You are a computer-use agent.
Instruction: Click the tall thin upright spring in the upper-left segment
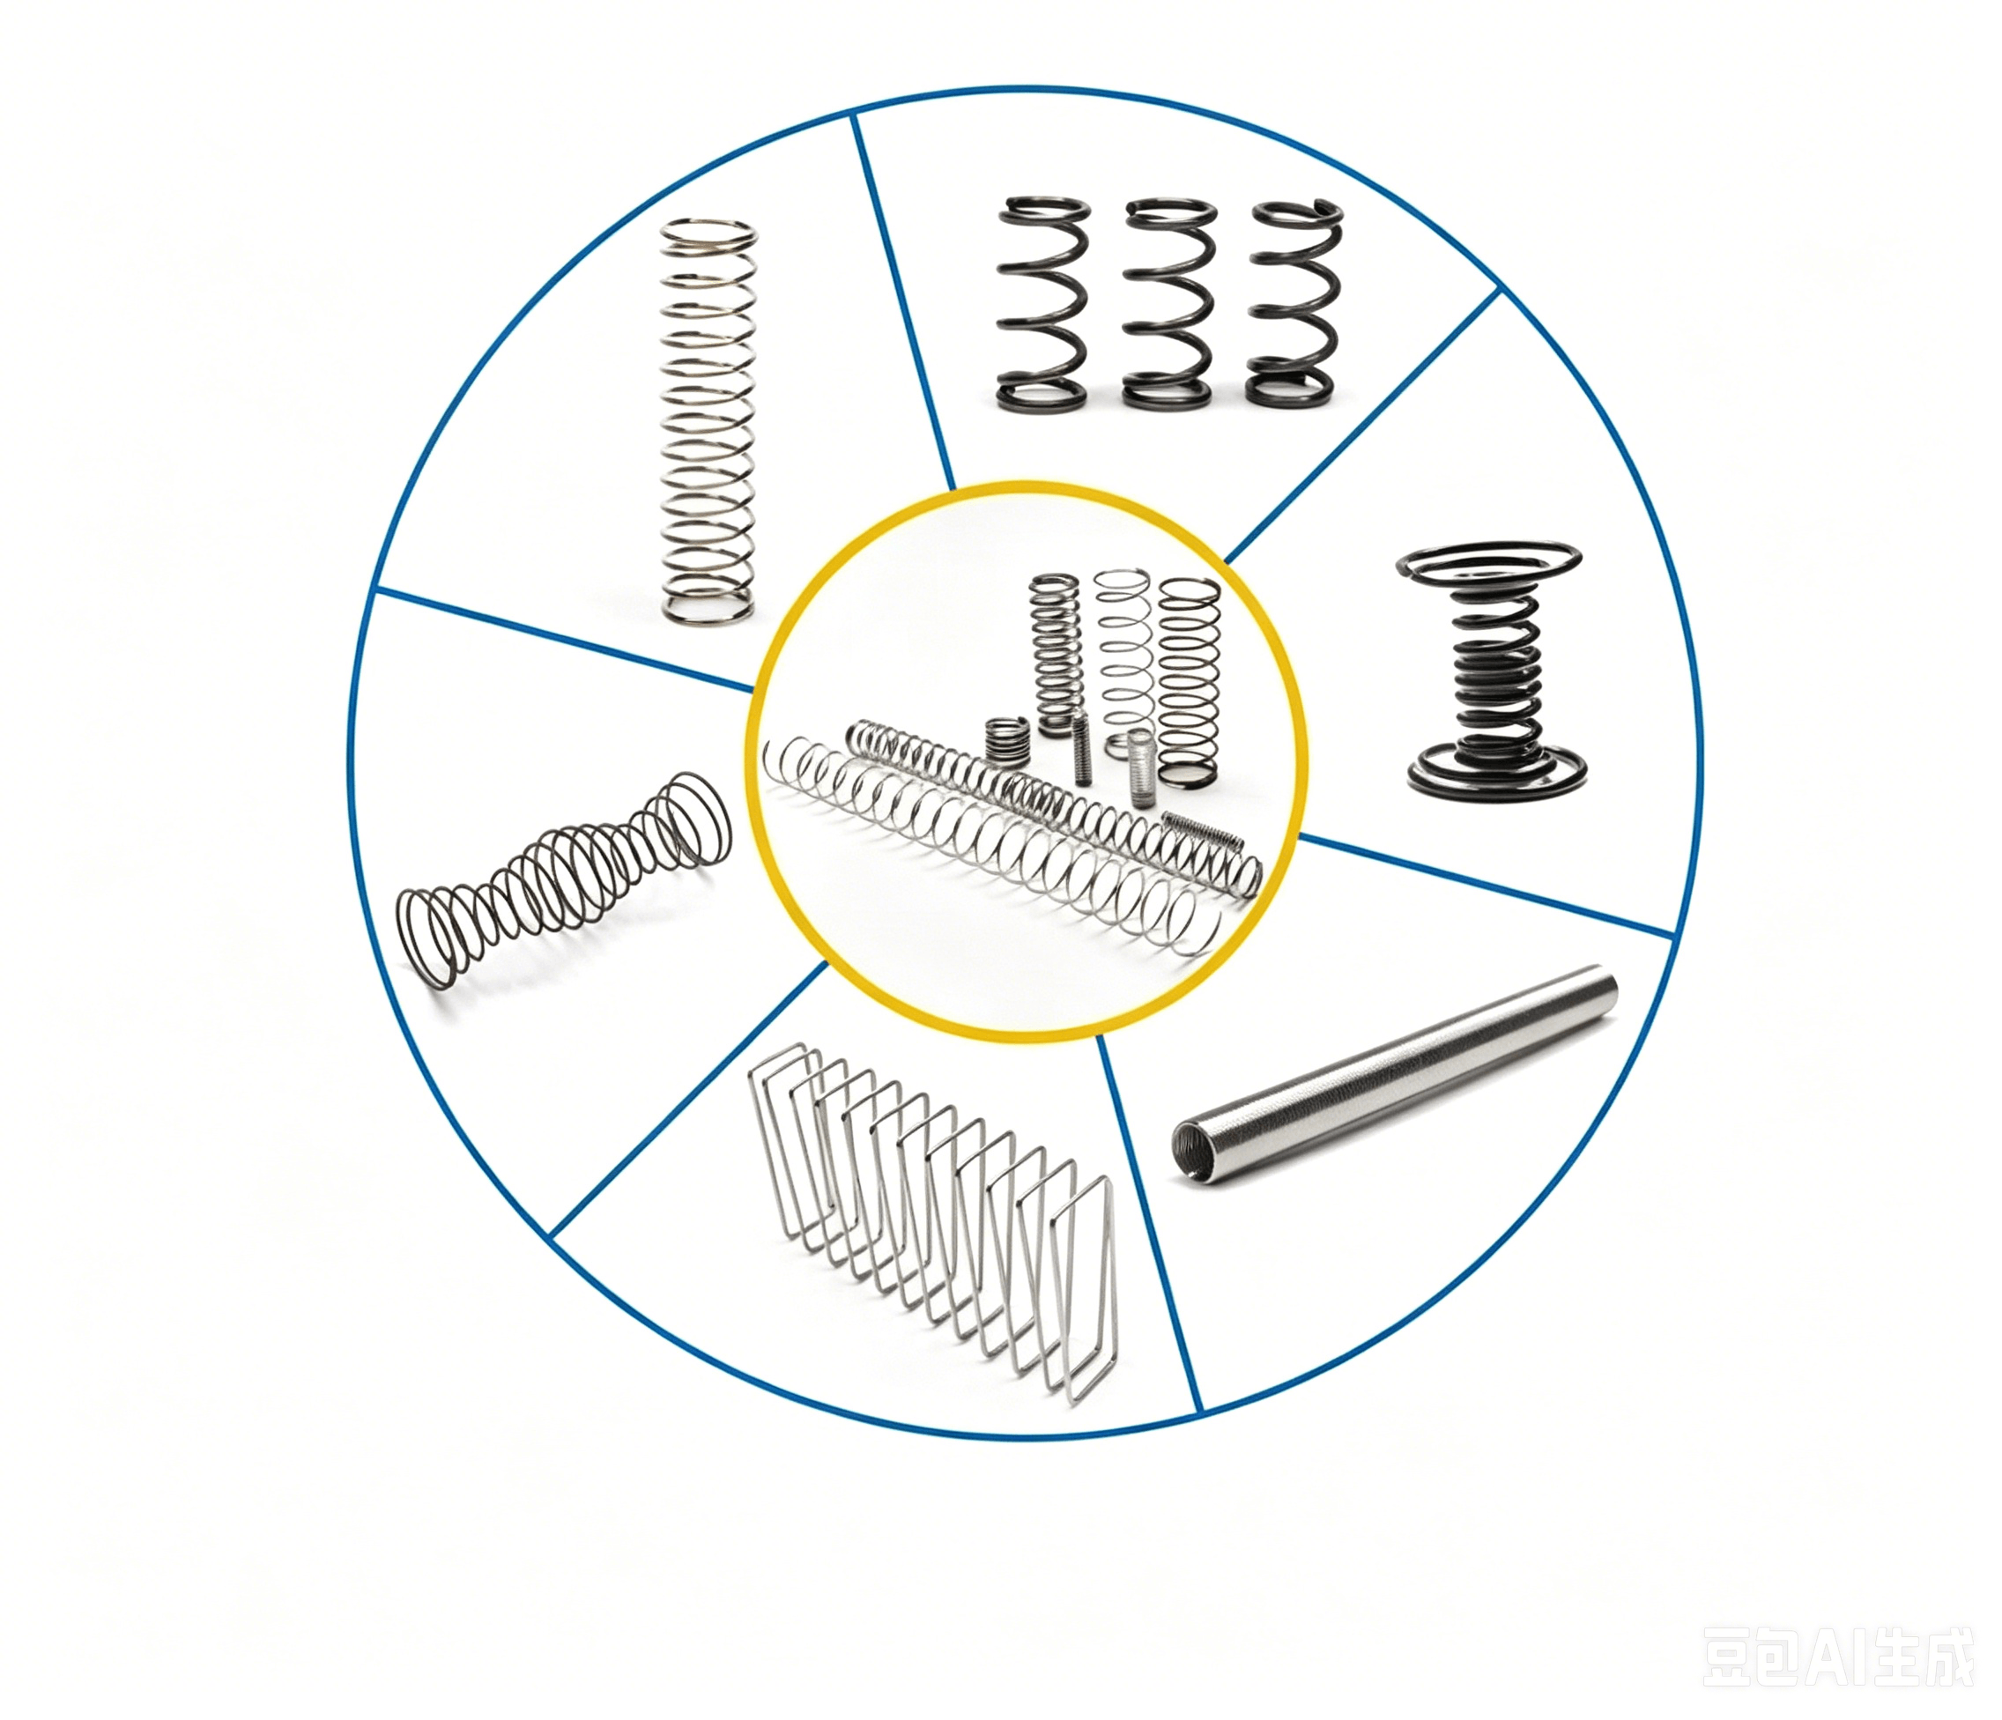(708, 421)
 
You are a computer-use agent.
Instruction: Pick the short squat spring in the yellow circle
(1007, 740)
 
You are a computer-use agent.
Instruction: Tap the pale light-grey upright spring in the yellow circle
(1123, 653)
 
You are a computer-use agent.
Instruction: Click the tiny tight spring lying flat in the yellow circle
(1201, 828)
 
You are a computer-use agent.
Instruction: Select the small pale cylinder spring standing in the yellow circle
(1142, 758)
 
